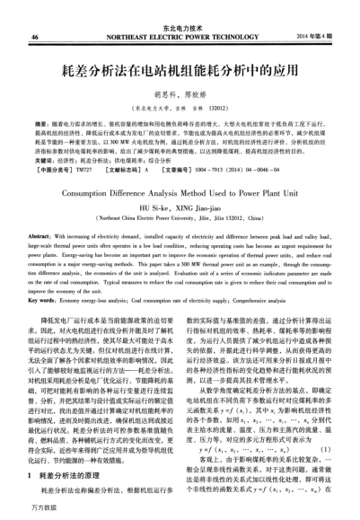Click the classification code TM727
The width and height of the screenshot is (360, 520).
tap(85, 165)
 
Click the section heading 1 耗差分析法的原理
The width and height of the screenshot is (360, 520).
tap(75, 472)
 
